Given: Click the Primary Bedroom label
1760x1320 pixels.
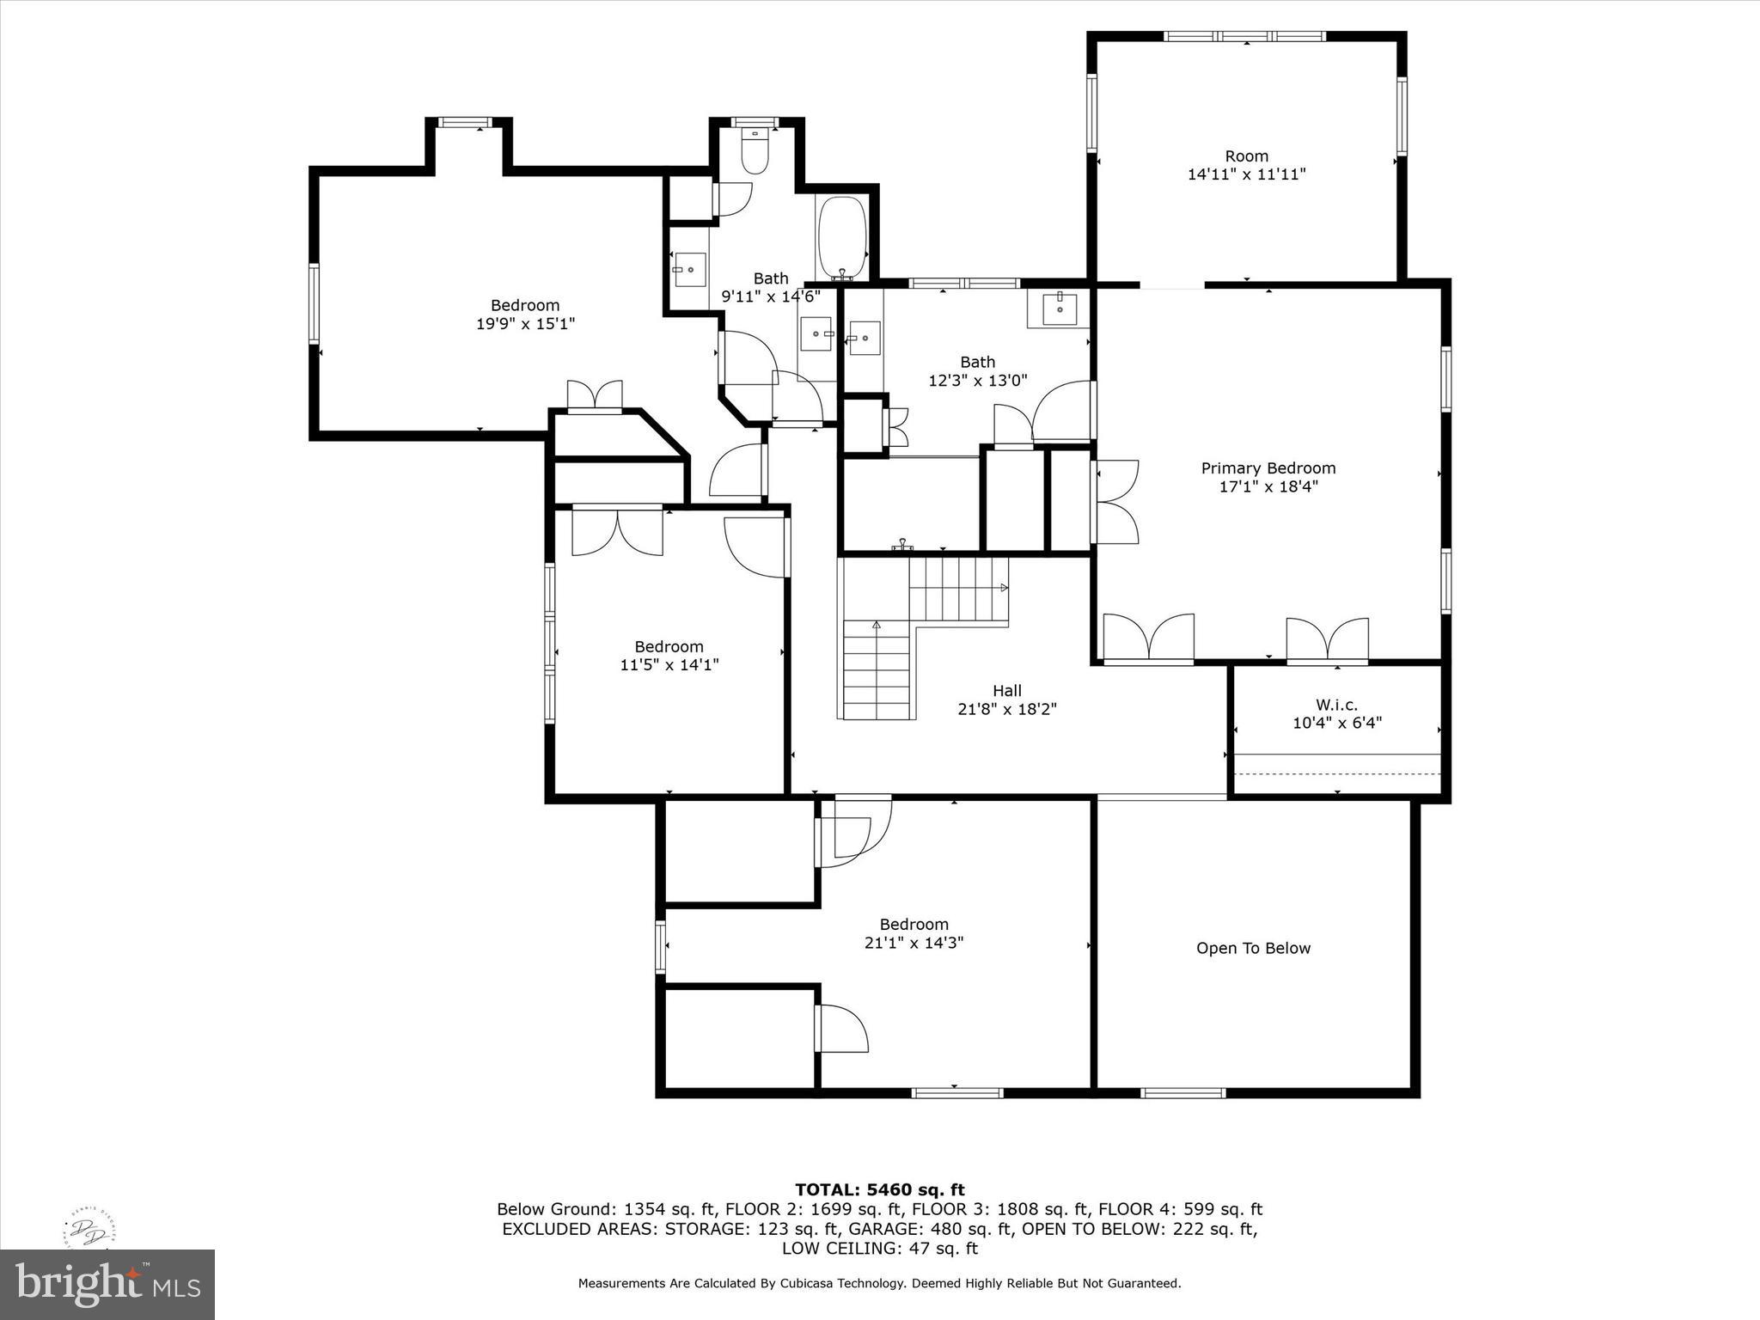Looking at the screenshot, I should pyautogui.click(x=1268, y=468).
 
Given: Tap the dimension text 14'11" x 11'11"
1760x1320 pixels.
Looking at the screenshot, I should pyautogui.click(x=1246, y=174).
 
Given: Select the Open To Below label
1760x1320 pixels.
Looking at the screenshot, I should pyautogui.click(x=1253, y=948).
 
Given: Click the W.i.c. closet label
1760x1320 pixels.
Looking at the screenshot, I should pyautogui.click(x=1336, y=705).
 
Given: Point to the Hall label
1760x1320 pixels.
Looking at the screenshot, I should pyautogui.click(x=1006, y=690).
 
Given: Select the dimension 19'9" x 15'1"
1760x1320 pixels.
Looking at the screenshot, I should pyautogui.click(x=525, y=324).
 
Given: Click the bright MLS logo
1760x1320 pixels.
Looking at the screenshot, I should pyautogui.click(x=107, y=1284).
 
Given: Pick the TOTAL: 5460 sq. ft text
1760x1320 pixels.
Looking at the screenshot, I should pyautogui.click(x=879, y=1189).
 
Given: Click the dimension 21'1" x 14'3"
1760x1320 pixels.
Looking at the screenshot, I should pyautogui.click(x=914, y=943).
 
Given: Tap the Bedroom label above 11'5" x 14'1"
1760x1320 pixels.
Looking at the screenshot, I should pyautogui.click(x=669, y=646).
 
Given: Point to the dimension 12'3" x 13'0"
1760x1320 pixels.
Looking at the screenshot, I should pyautogui.click(x=977, y=380).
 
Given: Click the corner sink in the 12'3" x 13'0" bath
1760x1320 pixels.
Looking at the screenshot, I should pyautogui.click(x=1060, y=306).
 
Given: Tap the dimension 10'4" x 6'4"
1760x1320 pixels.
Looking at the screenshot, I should pyautogui.click(x=1336, y=723).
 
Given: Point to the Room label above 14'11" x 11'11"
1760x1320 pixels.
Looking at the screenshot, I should pyautogui.click(x=1246, y=156).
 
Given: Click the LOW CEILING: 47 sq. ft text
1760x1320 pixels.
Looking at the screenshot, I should pyautogui.click(x=879, y=1249).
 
